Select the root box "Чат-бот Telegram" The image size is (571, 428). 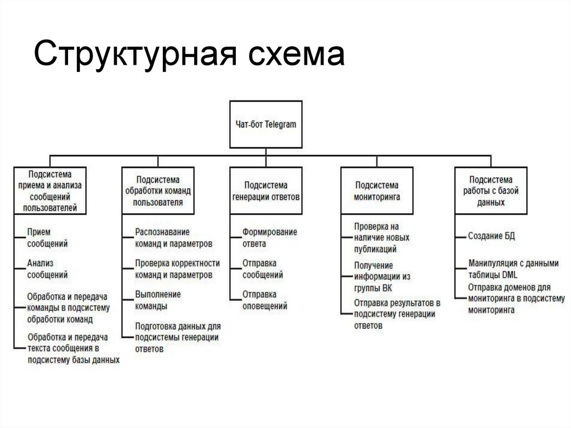[266, 124]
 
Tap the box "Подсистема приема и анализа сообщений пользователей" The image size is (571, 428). [50, 190]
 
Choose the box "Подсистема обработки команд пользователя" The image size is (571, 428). [158, 190]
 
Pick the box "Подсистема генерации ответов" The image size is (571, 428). [266, 190]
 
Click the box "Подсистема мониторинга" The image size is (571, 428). [377, 190]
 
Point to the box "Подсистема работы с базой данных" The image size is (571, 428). [491, 190]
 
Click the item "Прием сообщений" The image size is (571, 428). [47, 237]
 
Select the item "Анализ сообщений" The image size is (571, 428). [47, 268]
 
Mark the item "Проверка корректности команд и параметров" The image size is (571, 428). [177, 268]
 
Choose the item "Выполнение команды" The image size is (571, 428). [158, 300]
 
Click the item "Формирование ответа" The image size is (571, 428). [269, 237]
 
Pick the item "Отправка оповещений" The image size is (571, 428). [264, 300]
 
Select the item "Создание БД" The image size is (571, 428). [492, 236]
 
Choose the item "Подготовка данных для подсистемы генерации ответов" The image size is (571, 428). [178, 337]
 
